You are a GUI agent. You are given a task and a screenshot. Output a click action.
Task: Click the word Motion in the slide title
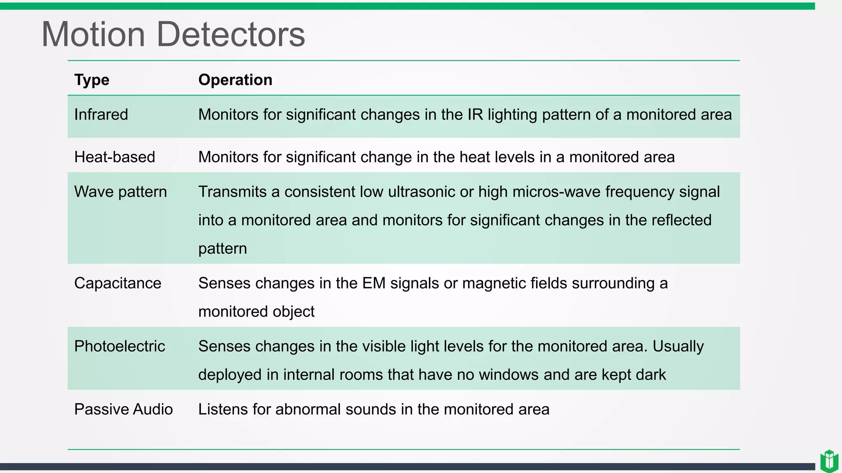click(93, 34)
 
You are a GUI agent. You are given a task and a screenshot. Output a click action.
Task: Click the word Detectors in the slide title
click(231, 34)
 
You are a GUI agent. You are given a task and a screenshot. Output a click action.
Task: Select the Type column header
click(92, 80)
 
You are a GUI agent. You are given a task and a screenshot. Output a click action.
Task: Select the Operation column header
click(235, 80)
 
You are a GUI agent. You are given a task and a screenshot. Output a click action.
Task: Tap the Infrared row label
click(101, 115)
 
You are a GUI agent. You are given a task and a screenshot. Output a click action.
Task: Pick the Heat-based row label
click(115, 157)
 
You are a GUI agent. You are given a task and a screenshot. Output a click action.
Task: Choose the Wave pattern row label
click(120, 192)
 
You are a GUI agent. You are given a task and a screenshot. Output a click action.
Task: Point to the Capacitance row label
click(118, 283)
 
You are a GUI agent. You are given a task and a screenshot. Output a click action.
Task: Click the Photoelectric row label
click(120, 347)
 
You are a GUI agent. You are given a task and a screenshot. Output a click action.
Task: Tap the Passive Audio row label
click(123, 409)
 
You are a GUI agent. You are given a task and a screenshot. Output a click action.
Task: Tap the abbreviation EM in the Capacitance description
click(374, 283)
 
